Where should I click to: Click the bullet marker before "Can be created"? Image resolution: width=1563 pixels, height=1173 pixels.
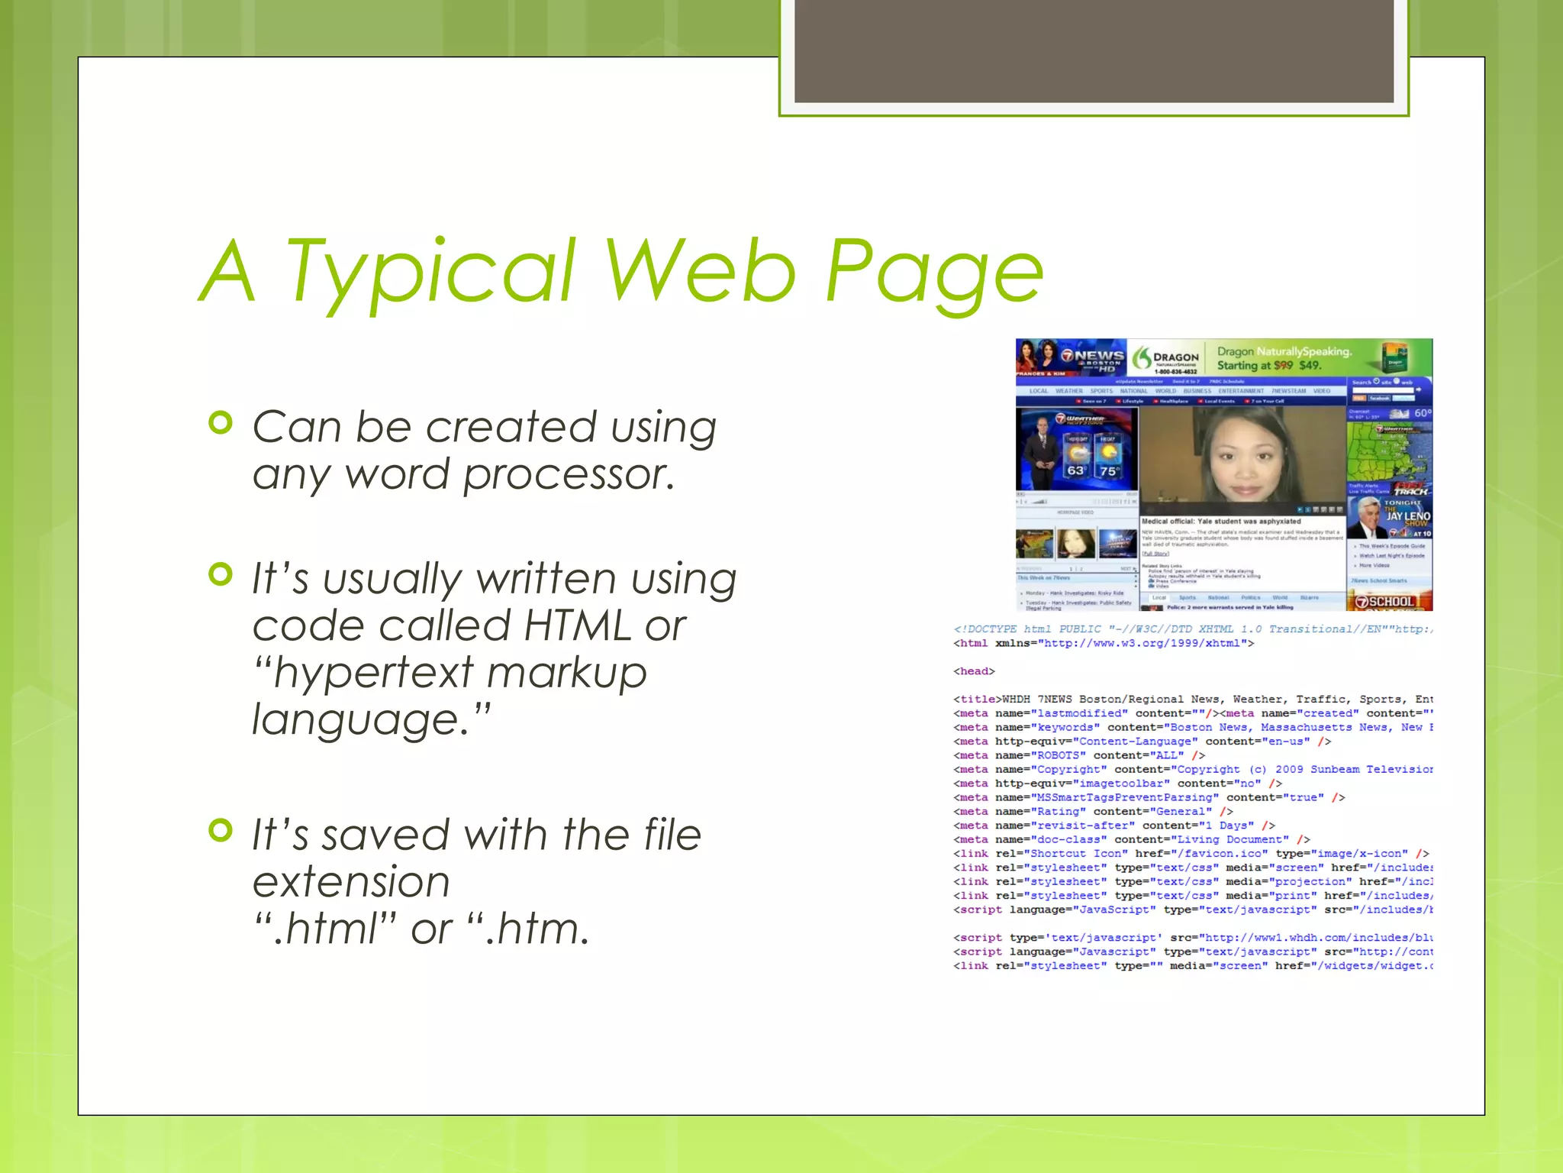(220, 423)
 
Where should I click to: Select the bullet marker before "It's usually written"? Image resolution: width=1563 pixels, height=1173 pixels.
(220, 574)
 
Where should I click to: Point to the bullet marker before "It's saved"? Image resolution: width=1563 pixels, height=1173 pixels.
(220, 830)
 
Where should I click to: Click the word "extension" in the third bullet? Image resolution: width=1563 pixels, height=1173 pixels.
(351, 882)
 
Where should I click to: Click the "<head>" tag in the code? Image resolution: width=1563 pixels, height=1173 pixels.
(974, 671)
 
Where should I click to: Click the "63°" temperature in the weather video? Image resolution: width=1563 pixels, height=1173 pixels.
(1076, 470)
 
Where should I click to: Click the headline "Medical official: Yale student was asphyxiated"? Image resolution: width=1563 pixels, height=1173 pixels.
(1220, 522)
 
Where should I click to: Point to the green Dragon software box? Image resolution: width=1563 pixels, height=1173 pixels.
(1396, 357)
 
